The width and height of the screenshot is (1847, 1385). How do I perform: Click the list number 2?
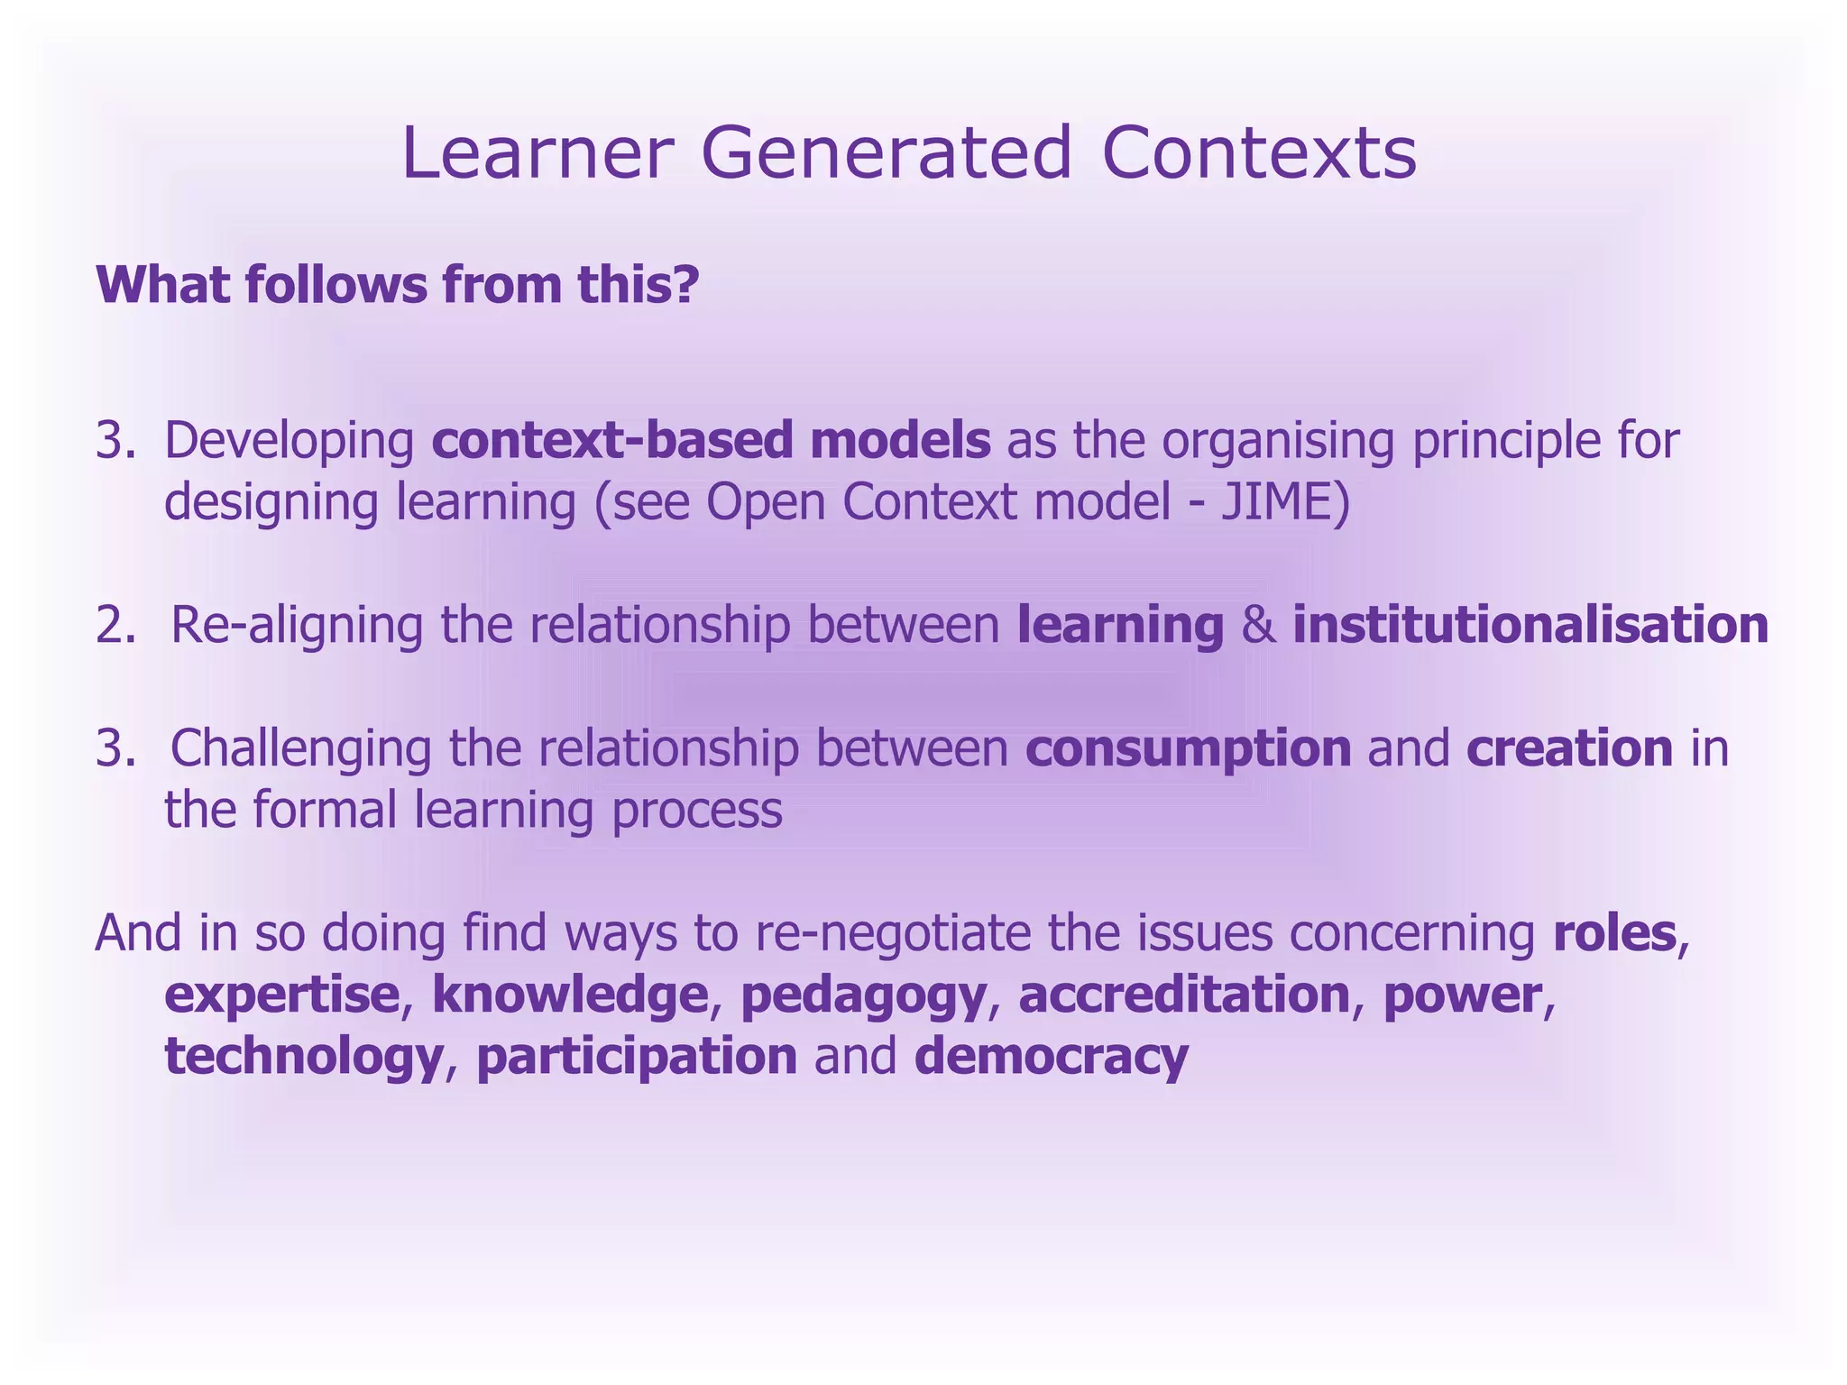(x=115, y=625)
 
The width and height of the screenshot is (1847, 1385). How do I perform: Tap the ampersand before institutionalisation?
(x=1258, y=625)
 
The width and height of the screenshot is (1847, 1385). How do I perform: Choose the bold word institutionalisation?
(x=1530, y=625)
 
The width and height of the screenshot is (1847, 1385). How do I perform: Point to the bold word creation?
(x=1569, y=748)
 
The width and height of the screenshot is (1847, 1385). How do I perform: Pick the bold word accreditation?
(x=1184, y=994)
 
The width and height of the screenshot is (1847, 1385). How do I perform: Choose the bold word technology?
(x=303, y=1057)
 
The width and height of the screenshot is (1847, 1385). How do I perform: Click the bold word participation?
(x=637, y=1057)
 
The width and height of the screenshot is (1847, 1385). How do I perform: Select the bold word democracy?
(x=1051, y=1057)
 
